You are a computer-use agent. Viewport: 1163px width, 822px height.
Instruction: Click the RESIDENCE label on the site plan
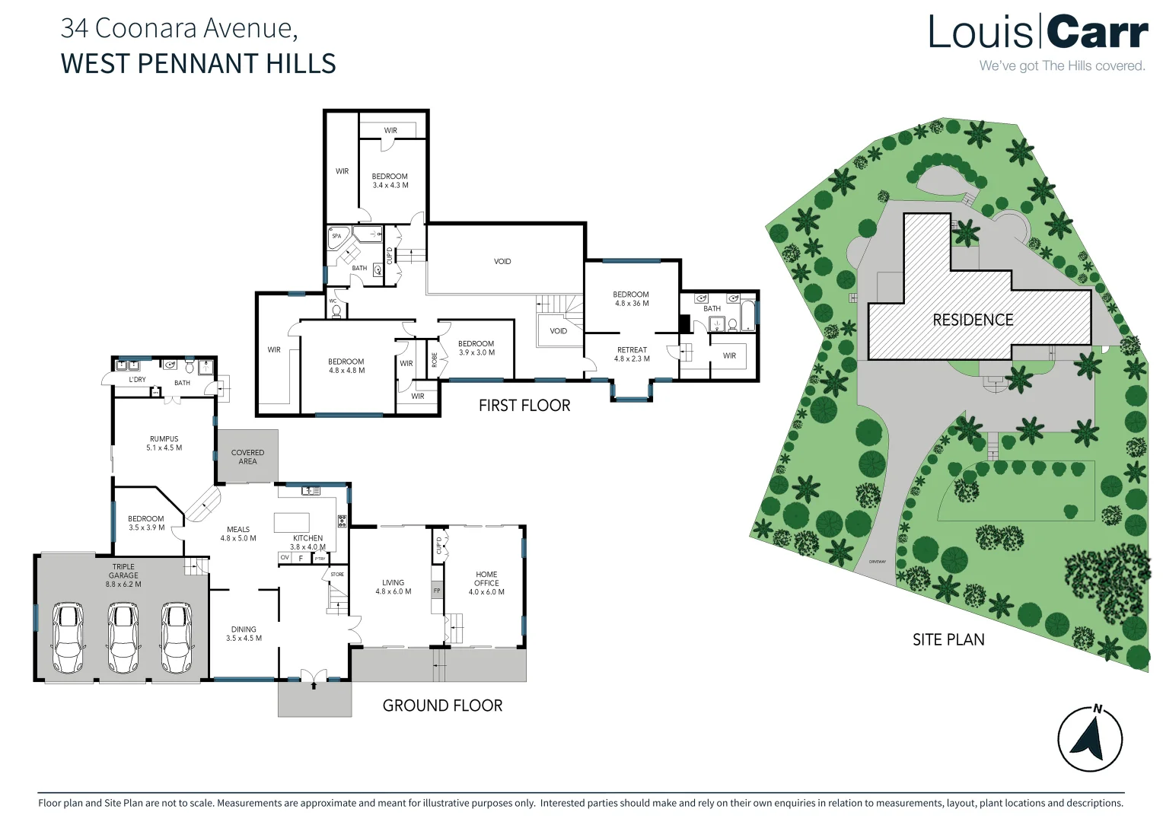coord(973,320)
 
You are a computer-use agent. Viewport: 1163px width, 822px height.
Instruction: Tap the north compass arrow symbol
coord(1090,739)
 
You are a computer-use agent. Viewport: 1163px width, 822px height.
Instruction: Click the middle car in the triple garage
coord(123,638)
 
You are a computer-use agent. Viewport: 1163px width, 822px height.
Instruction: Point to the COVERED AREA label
coord(247,457)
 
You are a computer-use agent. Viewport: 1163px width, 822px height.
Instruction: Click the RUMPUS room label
coord(164,443)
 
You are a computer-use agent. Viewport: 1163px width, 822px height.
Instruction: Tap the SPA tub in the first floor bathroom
coord(337,237)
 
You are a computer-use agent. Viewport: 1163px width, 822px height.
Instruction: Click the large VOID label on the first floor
coord(502,261)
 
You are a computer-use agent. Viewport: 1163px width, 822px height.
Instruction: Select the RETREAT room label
coord(632,354)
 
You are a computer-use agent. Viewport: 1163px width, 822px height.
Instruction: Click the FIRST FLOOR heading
coord(524,406)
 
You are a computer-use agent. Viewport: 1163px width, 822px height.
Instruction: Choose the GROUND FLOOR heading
coord(442,706)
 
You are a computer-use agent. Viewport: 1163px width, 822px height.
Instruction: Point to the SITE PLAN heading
coord(948,640)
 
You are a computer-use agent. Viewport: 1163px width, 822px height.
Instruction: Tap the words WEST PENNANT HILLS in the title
coord(198,63)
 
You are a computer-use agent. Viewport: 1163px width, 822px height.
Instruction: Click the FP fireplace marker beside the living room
coord(437,591)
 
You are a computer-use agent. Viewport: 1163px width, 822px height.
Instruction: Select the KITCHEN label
coord(307,542)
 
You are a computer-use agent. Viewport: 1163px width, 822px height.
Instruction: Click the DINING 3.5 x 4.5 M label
coord(244,633)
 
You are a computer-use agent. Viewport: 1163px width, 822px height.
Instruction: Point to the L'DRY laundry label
coord(137,379)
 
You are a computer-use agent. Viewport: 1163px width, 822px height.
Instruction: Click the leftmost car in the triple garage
coord(68,638)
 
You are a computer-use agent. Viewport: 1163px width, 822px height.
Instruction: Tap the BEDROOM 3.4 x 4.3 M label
coord(390,180)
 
